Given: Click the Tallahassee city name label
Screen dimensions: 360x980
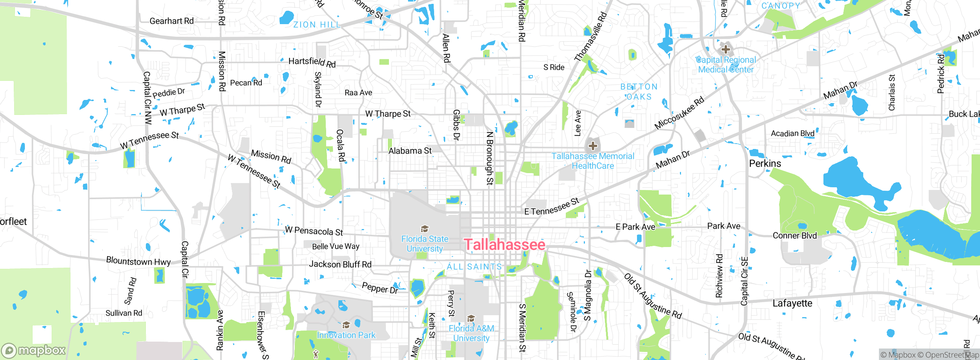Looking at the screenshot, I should [x=505, y=245].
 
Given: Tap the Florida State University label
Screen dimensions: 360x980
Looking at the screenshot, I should [x=425, y=244].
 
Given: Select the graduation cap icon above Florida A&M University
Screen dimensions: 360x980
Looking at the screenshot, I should [x=471, y=319].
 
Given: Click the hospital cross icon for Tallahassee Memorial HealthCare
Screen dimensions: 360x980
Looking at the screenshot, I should [x=593, y=146].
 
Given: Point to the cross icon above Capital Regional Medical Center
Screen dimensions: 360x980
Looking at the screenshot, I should [x=725, y=49].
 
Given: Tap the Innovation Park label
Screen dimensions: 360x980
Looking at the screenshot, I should [x=346, y=335].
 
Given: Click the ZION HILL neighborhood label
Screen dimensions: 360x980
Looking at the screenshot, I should [x=317, y=25].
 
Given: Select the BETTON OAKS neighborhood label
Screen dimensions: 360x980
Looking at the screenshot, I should [x=639, y=92].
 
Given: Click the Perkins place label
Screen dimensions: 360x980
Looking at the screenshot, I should [x=765, y=164].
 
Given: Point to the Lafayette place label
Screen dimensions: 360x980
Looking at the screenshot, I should [x=792, y=303].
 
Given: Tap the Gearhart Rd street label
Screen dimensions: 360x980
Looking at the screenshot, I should [x=171, y=21].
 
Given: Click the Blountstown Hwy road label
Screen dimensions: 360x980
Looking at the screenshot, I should [x=138, y=262].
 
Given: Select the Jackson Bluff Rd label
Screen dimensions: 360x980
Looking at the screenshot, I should [x=340, y=264].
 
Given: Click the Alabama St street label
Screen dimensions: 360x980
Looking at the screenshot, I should [x=410, y=151].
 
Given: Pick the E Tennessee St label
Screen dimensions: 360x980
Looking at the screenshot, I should [x=552, y=207].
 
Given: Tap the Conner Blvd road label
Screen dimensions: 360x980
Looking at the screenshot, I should [x=794, y=236].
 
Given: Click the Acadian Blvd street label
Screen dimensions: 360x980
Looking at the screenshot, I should [x=792, y=133].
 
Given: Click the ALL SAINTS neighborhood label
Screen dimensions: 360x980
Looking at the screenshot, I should [x=474, y=267].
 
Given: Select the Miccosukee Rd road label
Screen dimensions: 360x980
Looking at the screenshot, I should [x=679, y=113].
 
